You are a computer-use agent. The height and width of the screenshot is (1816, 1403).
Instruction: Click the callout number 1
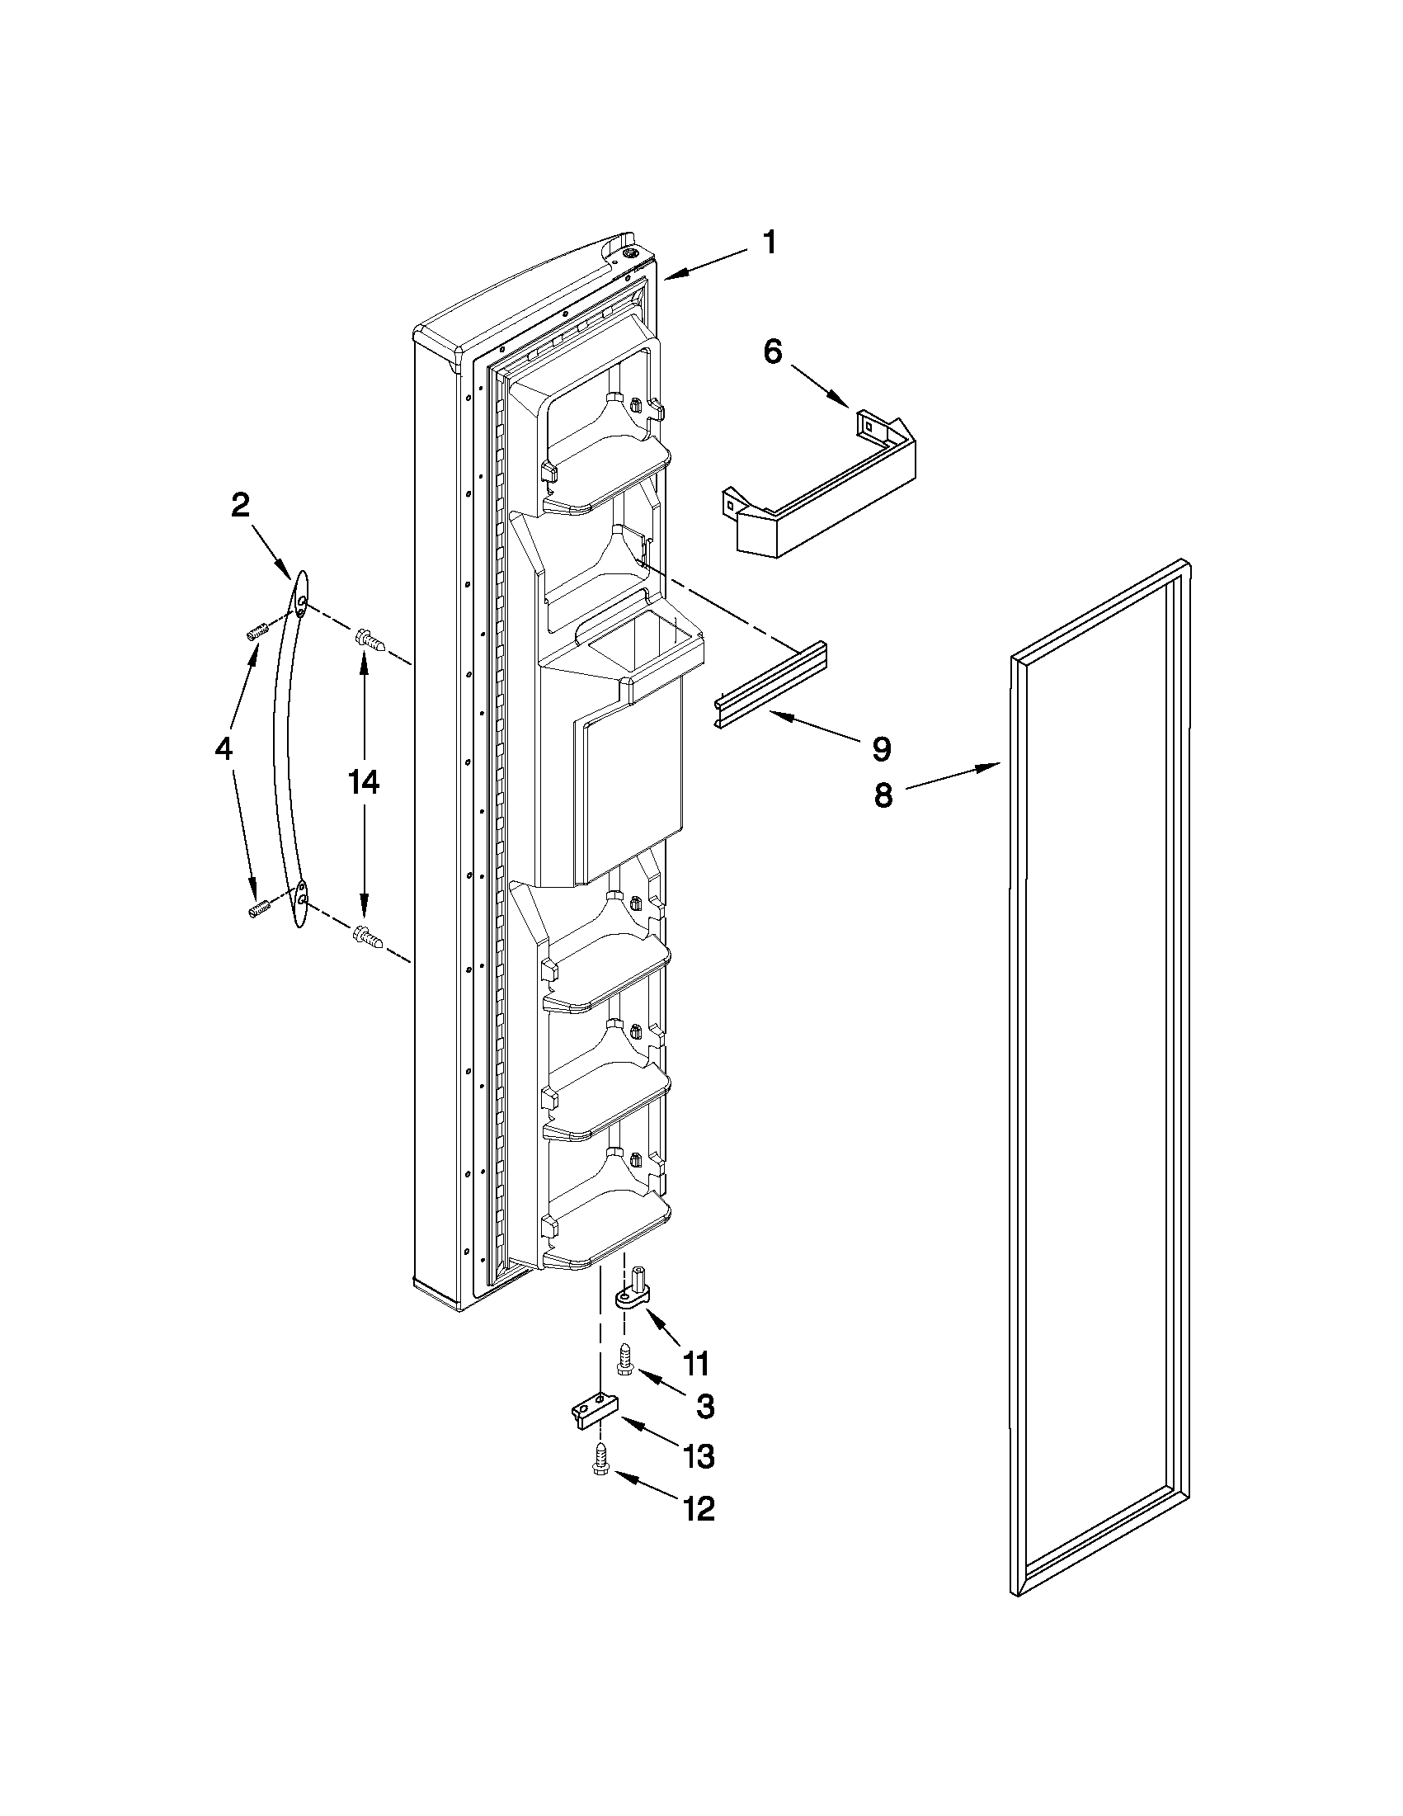(x=770, y=243)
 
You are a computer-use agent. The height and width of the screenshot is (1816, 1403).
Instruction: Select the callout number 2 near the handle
(x=240, y=505)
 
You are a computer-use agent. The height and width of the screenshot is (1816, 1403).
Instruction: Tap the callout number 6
(x=772, y=351)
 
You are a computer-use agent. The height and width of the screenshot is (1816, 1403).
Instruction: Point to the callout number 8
(x=883, y=795)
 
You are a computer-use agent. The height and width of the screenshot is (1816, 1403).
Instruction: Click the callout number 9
(x=881, y=749)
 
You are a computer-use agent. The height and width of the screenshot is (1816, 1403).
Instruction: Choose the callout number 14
(x=363, y=782)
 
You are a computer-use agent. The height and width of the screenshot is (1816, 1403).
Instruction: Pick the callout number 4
(x=224, y=749)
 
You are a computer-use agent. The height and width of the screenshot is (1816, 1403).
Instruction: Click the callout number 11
(x=694, y=1364)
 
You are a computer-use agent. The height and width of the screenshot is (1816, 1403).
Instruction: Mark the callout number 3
(x=704, y=1407)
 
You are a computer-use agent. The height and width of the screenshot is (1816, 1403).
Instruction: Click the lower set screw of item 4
(x=256, y=909)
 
